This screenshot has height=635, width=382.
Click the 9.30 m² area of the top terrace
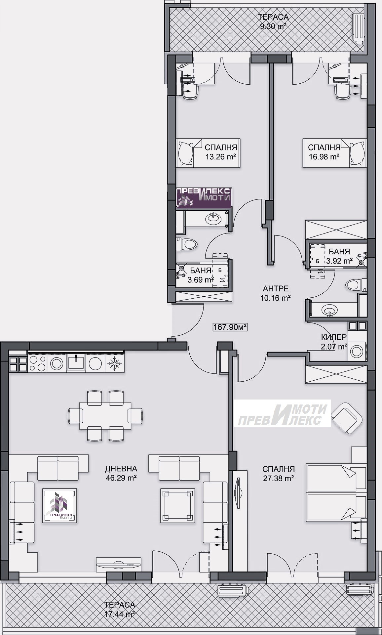click(273, 27)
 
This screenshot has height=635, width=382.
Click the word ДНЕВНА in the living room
click(121, 469)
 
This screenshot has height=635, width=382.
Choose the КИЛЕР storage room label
click(334, 337)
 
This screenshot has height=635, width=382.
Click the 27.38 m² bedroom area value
click(278, 478)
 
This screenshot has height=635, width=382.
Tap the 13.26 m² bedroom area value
click(221, 156)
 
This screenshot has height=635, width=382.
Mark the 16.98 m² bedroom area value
click(324, 156)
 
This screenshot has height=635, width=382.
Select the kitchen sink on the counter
click(76, 362)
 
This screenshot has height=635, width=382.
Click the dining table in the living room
click(105, 415)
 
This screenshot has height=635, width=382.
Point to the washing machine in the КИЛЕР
click(357, 351)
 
